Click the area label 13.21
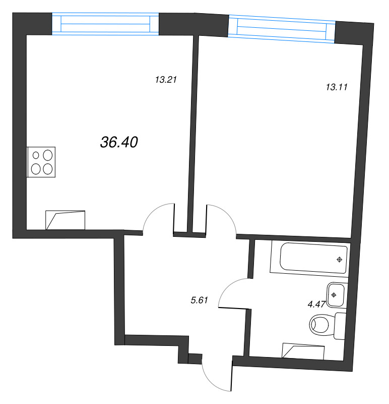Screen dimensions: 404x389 [165, 79]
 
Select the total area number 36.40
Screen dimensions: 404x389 [119, 143]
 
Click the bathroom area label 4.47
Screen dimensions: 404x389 [316, 305]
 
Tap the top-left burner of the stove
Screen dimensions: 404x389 [36, 156]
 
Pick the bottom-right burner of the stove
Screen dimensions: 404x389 [47, 169]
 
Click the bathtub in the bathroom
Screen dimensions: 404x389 [309, 258]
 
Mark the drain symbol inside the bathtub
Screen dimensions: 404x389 [340, 260]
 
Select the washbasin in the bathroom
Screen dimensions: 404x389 [335, 295]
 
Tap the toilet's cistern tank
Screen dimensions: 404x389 [341, 326]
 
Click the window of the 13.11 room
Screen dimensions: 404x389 [282, 28]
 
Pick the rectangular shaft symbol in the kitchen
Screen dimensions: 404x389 [66, 220]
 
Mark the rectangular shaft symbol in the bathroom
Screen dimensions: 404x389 [302, 350]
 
